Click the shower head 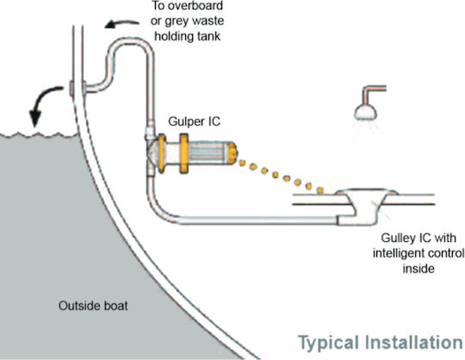point(365,112)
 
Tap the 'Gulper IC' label point(195,121)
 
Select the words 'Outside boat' point(93,306)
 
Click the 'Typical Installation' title point(381,343)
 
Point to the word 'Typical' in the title point(328,344)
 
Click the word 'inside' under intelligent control point(418,269)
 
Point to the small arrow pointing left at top point(121,23)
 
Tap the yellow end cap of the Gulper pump point(232,152)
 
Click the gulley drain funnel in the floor point(366,206)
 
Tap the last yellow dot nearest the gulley point(319,190)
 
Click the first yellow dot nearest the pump point(242,163)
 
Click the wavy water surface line point(38,135)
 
